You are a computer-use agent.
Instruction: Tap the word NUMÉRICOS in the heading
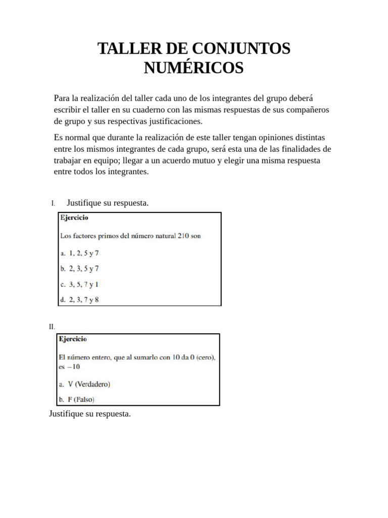(193, 68)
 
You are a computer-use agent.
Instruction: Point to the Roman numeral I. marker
(53, 203)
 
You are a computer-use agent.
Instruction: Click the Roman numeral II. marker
(52, 326)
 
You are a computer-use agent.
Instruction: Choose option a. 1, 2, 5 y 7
(79, 252)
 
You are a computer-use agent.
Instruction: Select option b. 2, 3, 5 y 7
(79, 268)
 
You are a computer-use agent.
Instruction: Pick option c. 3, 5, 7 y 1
(79, 284)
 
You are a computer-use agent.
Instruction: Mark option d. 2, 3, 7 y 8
(79, 299)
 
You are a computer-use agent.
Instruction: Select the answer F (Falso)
(77, 399)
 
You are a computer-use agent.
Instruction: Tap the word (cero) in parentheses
(204, 358)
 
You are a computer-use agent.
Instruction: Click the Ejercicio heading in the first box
(74, 218)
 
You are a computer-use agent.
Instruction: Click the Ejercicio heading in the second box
(73, 339)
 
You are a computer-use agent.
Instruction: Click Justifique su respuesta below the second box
(89, 414)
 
